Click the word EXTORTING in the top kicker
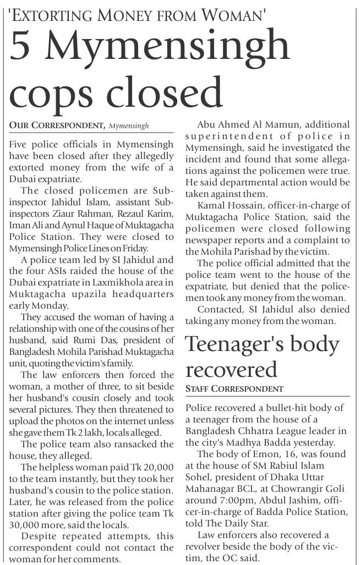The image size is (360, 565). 62,15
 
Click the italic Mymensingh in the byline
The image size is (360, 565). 129,126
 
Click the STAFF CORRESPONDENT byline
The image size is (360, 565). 234,389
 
